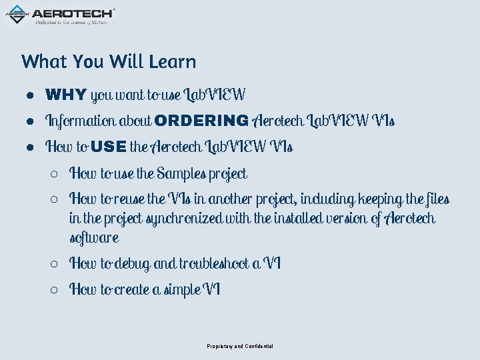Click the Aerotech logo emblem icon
click(x=17, y=13)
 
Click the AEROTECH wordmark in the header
click(x=73, y=13)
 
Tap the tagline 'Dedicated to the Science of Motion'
click(x=71, y=22)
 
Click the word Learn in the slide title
click(x=173, y=61)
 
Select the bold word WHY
click(x=65, y=95)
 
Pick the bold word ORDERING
click(x=201, y=121)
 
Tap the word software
click(x=94, y=238)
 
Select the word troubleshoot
click(x=214, y=264)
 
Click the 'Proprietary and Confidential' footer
click(x=239, y=346)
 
